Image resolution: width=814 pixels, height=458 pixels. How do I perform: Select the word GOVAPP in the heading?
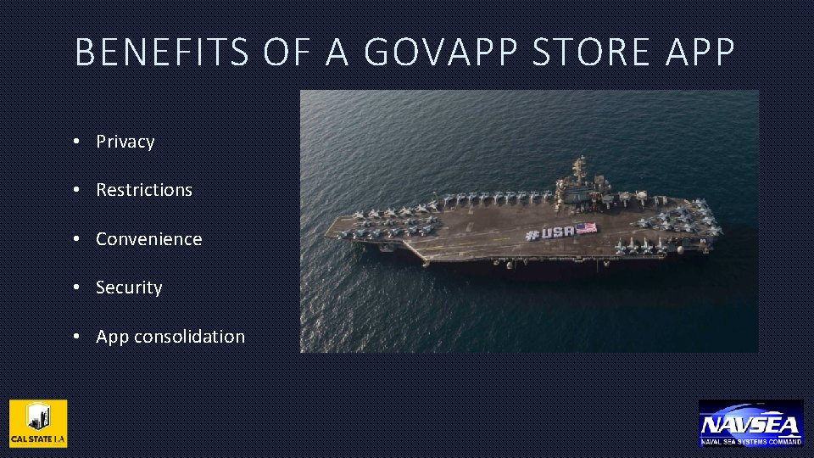point(440,53)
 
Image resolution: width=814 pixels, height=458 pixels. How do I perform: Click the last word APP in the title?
point(700,53)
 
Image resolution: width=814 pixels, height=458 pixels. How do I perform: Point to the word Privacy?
point(125,142)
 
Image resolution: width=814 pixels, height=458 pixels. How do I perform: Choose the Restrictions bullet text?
point(144,190)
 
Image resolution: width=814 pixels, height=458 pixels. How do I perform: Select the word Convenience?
point(149,239)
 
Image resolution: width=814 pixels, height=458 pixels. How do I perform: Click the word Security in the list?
point(129,288)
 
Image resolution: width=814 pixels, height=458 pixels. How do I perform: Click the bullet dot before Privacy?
point(76,141)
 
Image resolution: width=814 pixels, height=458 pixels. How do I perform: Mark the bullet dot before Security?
point(76,288)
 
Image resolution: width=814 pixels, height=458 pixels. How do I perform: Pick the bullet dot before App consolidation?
point(76,337)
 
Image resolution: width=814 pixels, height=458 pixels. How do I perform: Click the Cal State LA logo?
point(38,422)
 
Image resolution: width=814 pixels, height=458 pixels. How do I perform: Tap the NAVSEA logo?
point(750,422)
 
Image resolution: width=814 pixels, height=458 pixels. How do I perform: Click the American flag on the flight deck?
point(586,227)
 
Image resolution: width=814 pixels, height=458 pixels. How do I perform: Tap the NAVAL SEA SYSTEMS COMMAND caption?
point(750,442)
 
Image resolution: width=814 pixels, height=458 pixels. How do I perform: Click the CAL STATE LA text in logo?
point(38,439)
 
